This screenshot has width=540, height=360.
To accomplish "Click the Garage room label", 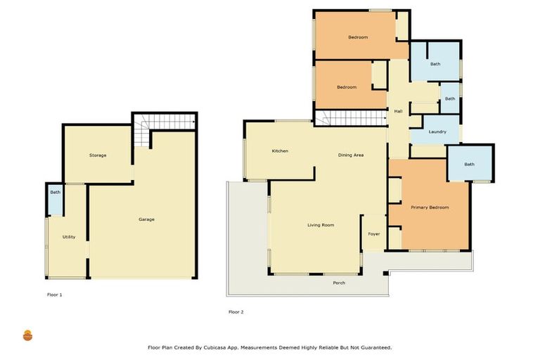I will pos(146,219).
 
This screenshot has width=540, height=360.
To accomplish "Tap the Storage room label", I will pos(98,155).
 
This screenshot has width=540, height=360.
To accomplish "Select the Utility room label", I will pos(69,237).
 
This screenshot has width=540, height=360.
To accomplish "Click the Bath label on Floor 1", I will pos(55,192).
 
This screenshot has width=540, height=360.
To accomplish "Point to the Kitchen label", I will pos(280,151).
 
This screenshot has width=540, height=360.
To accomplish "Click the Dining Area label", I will pos(350,155).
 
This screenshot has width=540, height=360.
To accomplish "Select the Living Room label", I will pos(321,225).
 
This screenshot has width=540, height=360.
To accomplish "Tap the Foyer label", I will pos(374,233).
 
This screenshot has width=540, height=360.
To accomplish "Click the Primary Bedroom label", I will pos(430,207).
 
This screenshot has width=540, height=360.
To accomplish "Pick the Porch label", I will pos(339,283).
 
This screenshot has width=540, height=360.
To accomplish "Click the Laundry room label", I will pos(437,131).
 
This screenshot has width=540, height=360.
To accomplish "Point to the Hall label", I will pos(398,111).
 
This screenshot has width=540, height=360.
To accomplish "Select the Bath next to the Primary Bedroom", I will pos(469,165).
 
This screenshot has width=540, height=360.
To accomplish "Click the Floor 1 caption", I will pos(54,295).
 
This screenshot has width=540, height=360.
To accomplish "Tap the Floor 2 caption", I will pos(236,311).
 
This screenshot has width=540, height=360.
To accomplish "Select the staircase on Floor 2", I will pos(350,118).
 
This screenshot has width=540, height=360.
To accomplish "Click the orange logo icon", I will pos(28,335).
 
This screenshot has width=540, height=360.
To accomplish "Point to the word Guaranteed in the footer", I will pos(374,347).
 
